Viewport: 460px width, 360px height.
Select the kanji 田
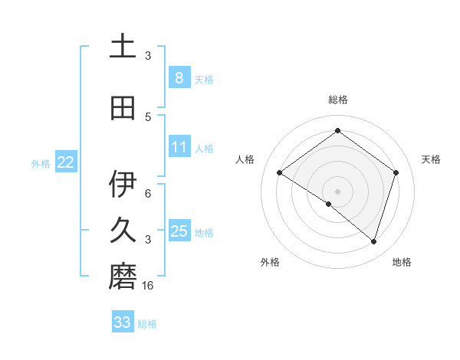(123, 108)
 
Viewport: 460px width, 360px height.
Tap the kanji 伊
(123, 185)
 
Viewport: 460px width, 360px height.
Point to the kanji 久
(123, 231)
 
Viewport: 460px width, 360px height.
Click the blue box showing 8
(179, 77)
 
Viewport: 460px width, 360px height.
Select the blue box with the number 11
(179, 146)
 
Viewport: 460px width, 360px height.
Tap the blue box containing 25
(179, 231)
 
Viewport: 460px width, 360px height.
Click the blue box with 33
(123, 322)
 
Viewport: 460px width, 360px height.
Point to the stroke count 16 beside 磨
(148, 286)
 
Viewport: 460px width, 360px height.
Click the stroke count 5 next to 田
(148, 116)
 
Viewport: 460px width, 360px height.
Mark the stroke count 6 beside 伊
(148, 194)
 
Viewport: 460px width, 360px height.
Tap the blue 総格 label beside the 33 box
(147, 324)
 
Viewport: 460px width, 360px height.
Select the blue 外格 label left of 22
(41, 163)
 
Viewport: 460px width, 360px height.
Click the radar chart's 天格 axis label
(431, 159)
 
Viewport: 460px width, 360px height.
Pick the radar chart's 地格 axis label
(402, 262)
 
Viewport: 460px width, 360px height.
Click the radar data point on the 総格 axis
(337, 131)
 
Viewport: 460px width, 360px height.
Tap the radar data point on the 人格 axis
(280, 173)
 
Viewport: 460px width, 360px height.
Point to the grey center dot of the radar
(337, 191)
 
